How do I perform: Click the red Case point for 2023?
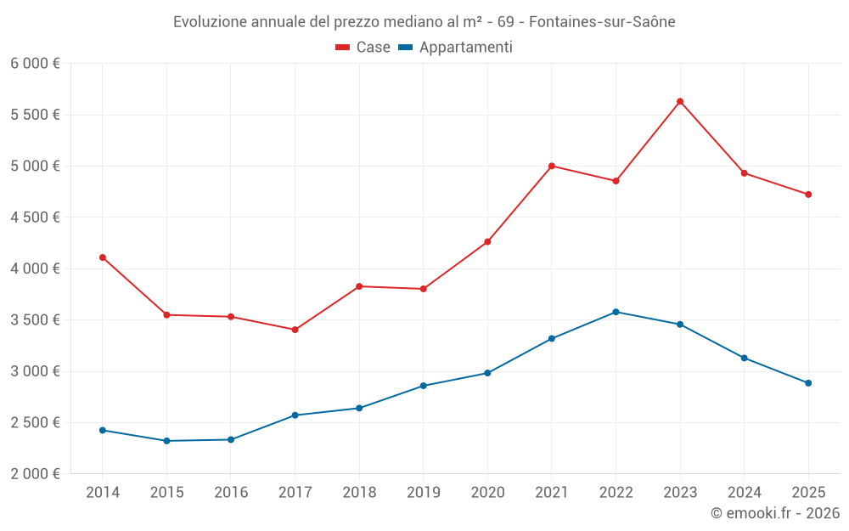[680, 101]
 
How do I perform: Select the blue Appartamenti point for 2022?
[616, 312]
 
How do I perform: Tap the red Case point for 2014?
[103, 257]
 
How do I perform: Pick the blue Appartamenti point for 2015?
[166, 441]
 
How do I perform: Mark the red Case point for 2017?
[295, 330]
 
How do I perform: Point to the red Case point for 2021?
[552, 166]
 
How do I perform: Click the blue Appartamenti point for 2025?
[808, 383]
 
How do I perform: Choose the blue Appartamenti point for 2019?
[424, 386]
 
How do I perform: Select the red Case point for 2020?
[487, 242]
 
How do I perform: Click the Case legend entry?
[363, 48]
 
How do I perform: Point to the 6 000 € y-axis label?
[35, 64]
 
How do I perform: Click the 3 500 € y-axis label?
[35, 320]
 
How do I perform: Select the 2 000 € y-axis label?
[35, 474]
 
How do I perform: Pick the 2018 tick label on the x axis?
[359, 492]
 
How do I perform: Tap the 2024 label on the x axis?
[744, 492]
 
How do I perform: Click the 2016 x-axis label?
[231, 492]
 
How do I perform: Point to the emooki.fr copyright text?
[775, 513]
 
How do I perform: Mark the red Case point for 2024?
[744, 173]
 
